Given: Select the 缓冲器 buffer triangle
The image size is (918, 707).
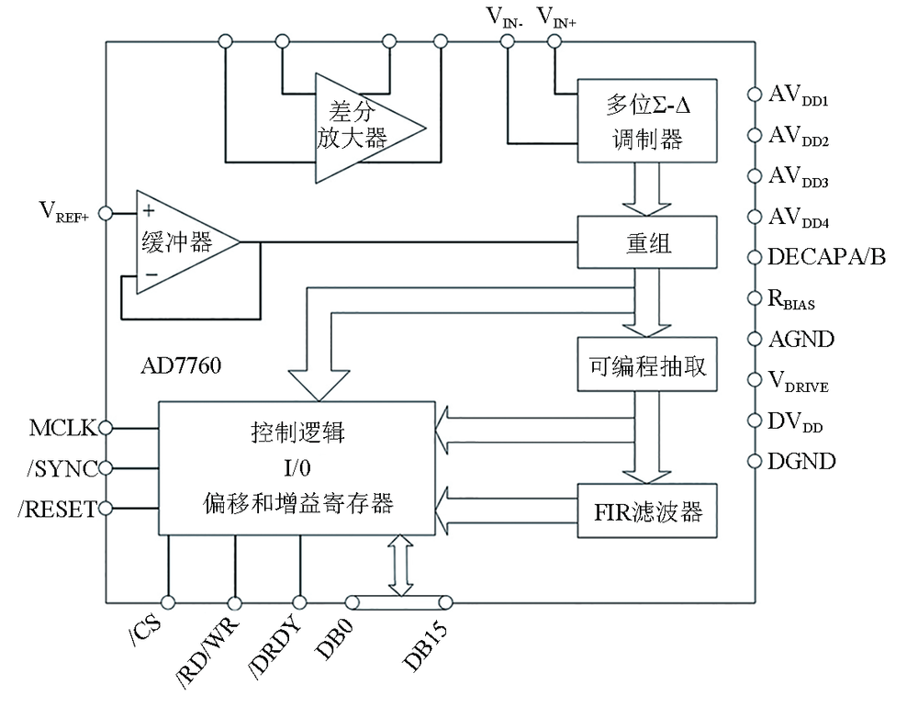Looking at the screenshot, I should point(179,242).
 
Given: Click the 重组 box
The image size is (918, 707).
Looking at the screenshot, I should point(644,242).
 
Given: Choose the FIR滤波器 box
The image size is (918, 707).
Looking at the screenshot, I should point(644,511).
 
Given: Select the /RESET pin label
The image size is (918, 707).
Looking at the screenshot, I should point(56,508).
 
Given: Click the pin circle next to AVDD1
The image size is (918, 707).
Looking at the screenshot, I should point(755,95).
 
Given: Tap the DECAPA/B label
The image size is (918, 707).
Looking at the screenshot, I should point(827,257).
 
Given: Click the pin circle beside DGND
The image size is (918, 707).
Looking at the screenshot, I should point(755,461).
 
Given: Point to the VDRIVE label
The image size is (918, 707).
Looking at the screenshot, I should point(799,382).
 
